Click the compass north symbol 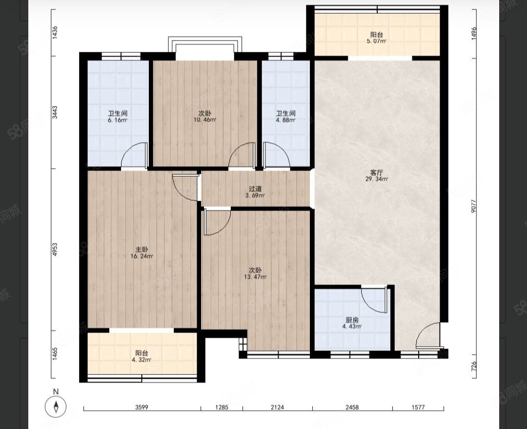coord(56,407)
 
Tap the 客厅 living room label coord(376,173)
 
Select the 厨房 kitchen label coord(352,320)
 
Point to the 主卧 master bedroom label coord(142,250)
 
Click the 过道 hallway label coord(255,189)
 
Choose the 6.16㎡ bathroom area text coord(117,120)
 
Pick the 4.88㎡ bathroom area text coord(285,120)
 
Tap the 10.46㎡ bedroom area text coord(204,120)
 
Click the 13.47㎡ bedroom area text coord(255,277)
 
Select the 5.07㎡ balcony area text coord(376,41)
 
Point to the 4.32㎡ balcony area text coord(142,360)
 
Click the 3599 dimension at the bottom coord(142,408)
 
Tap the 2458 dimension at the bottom coord(352,408)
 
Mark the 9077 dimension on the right coord(473,206)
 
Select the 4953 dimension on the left coord(55,250)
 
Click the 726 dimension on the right coord(473,366)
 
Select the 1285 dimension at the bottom coord(222,408)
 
